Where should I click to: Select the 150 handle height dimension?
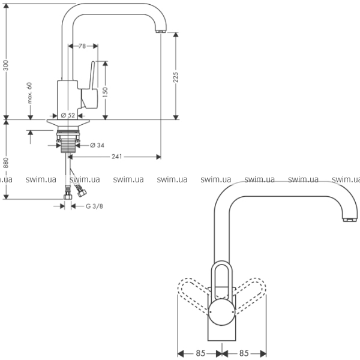[104, 92]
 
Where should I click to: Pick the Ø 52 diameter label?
[68, 115]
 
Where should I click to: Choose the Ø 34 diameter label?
[97, 145]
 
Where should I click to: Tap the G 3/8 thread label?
[95, 206]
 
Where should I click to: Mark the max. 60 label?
[29, 93]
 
